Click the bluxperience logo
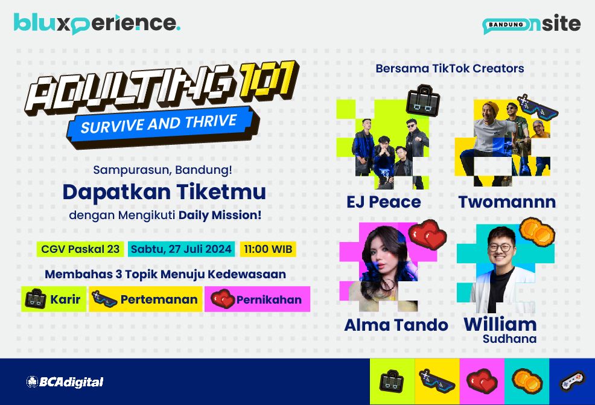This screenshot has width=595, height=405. tap(97, 24)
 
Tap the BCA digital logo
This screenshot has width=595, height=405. tap(65, 382)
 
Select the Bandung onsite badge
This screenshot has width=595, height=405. tap(531, 24)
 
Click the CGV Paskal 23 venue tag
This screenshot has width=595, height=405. tap(80, 249)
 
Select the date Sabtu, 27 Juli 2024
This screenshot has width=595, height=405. tap(181, 249)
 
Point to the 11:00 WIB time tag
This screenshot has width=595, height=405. tap(268, 249)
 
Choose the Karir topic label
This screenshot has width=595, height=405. tap(54, 299)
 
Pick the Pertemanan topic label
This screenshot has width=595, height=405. tap(145, 299)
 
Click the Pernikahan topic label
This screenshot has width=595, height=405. tap(257, 299)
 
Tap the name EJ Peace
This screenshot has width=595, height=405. tap(384, 202)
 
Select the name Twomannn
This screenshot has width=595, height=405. tap(507, 202)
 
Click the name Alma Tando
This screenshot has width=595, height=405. tap(396, 325)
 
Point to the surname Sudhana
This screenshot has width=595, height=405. tap(509, 339)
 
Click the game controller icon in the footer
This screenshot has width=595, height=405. tap(572, 381)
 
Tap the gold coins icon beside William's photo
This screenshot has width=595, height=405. tap(537, 230)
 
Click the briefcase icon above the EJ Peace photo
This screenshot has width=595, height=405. tap(423, 100)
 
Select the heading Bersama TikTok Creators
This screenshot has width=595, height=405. tap(450, 68)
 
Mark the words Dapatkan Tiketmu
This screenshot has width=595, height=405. tap(164, 192)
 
